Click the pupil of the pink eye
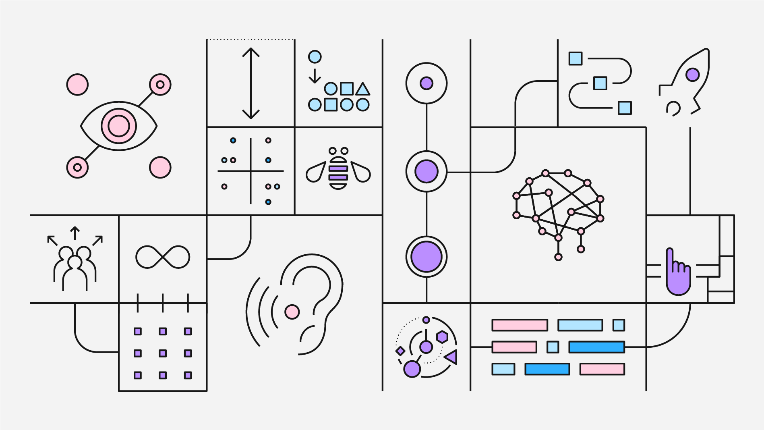pyautogui.click(x=119, y=126)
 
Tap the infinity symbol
pyautogui.click(x=163, y=257)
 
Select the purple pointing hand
pyautogui.click(x=678, y=276)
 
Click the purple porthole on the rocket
pyautogui.click(x=692, y=75)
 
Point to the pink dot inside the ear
pyautogui.click(x=292, y=312)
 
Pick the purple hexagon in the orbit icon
pyautogui.click(x=442, y=337)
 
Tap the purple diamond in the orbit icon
pyautogui.click(x=400, y=351)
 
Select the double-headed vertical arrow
pyautogui.click(x=251, y=83)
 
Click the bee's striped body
pyautogui.click(x=338, y=173)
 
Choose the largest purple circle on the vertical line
pyautogui.click(x=426, y=257)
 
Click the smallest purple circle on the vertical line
pyautogui.click(x=426, y=83)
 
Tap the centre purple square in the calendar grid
pyautogui.click(x=163, y=353)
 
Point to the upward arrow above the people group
pyautogui.click(x=75, y=233)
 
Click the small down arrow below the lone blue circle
pyautogui.click(x=315, y=76)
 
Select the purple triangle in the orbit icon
pyautogui.click(x=451, y=357)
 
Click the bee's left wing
pyautogui.click(x=316, y=172)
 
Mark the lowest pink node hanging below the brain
pyautogui.click(x=558, y=257)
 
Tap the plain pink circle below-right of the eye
pyautogui.click(x=160, y=167)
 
